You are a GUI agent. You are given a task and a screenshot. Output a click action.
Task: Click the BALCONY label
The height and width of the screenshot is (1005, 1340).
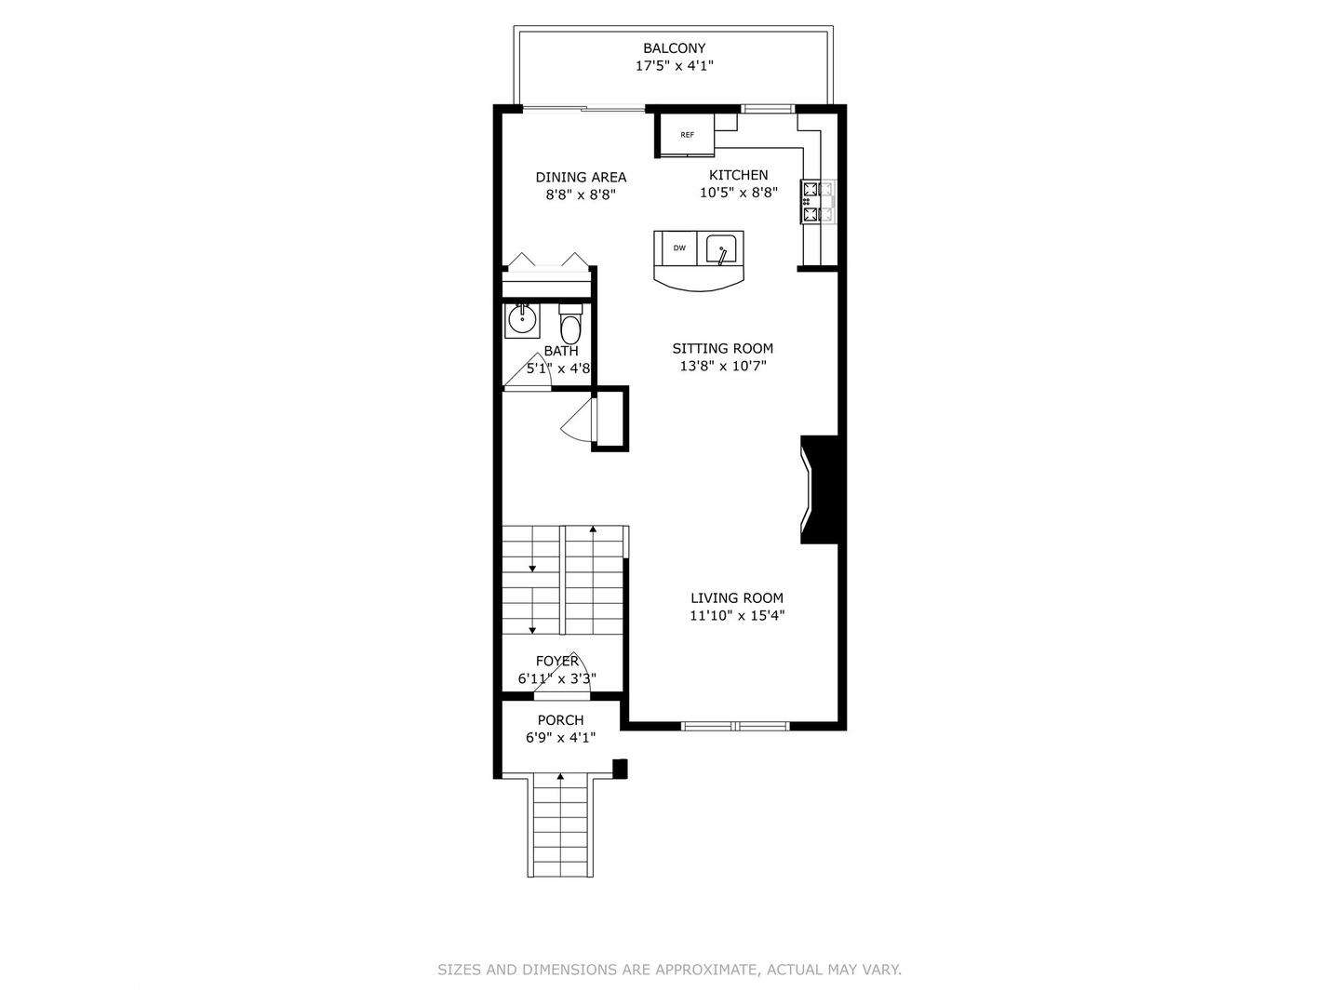click(674, 48)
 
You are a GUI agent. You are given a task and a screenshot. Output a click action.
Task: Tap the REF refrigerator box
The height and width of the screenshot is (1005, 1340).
click(687, 135)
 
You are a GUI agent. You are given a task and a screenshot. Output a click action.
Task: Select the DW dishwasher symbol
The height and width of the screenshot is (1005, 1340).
click(679, 248)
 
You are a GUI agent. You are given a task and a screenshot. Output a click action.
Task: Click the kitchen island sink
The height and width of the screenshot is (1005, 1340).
click(721, 249)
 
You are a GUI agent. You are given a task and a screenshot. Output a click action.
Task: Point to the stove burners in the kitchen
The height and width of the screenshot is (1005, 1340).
click(811, 202)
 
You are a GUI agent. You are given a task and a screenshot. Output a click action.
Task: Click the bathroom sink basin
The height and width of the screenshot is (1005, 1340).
click(522, 321)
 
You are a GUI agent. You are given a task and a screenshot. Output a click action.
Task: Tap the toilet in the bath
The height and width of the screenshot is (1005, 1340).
click(570, 327)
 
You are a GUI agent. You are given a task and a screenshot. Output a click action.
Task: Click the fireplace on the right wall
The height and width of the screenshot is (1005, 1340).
click(820, 489)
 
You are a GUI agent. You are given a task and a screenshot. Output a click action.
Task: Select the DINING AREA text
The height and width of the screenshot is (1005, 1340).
click(581, 177)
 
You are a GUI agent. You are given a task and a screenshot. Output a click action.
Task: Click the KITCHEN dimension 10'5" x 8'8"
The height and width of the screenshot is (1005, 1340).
click(739, 193)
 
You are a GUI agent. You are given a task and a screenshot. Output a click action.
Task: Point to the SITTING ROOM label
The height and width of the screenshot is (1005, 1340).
click(723, 348)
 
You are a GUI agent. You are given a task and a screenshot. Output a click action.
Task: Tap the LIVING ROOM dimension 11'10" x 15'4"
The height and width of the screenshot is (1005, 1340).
click(737, 615)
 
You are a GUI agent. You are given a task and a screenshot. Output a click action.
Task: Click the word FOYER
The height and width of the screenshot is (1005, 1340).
click(556, 661)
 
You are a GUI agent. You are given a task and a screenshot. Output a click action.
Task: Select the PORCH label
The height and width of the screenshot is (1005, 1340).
click(560, 720)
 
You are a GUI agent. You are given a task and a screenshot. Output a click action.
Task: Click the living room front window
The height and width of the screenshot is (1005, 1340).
click(735, 726)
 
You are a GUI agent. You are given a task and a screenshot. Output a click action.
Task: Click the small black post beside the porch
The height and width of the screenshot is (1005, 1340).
click(620, 769)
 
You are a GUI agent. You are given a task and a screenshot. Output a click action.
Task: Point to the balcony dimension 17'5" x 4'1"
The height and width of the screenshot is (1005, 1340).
click(674, 66)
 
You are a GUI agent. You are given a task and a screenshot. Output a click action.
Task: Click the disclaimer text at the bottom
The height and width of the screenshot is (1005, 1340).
click(669, 970)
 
